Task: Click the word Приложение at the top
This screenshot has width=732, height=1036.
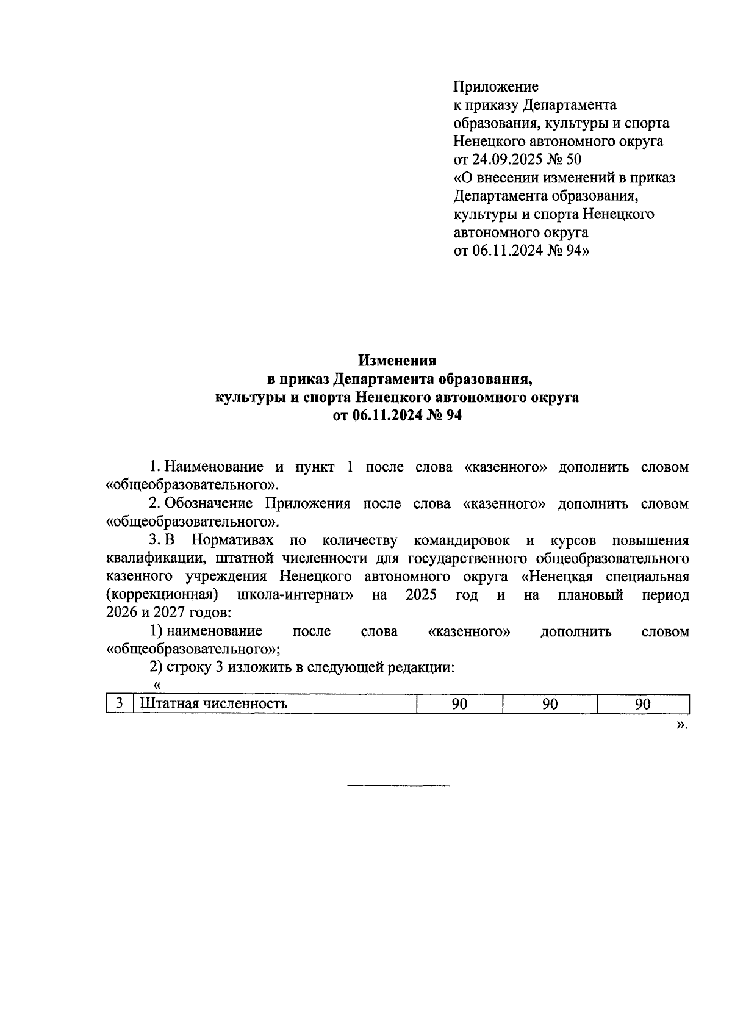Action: pyautogui.click(x=495, y=87)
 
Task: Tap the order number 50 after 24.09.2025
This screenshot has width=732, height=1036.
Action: pyautogui.click(x=573, y=160)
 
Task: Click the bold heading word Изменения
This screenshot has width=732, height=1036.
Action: pyautogui.click(x=397, y=360)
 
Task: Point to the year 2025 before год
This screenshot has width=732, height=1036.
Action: pyautogui.click(x=420, y=595)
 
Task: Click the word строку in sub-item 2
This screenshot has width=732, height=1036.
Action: pyautogui.click(x=187, y=667)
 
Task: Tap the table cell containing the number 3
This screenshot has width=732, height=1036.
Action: pyautogui.click(x=120, y=703)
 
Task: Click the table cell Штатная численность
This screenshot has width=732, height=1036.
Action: pyautogui.click(x=213, y=704)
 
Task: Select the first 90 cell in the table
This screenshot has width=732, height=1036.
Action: pyautogui.click(x=459, y=704)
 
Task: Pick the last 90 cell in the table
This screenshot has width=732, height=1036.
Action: pyautogui.click(x=642, y=704)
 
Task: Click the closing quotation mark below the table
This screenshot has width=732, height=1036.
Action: pyautogui.click(x=681, y=725)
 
